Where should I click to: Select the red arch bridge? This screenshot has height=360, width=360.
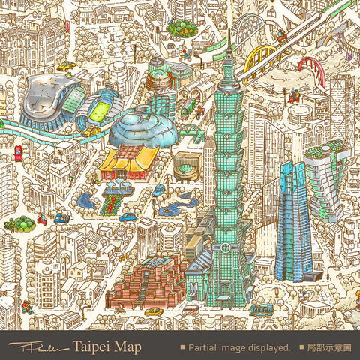coord(314,69)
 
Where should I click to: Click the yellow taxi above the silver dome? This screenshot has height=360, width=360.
coord(66,66)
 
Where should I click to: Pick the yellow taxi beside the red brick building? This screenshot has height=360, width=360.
coord(154,310)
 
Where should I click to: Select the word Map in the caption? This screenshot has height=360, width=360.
coord(128,347)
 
